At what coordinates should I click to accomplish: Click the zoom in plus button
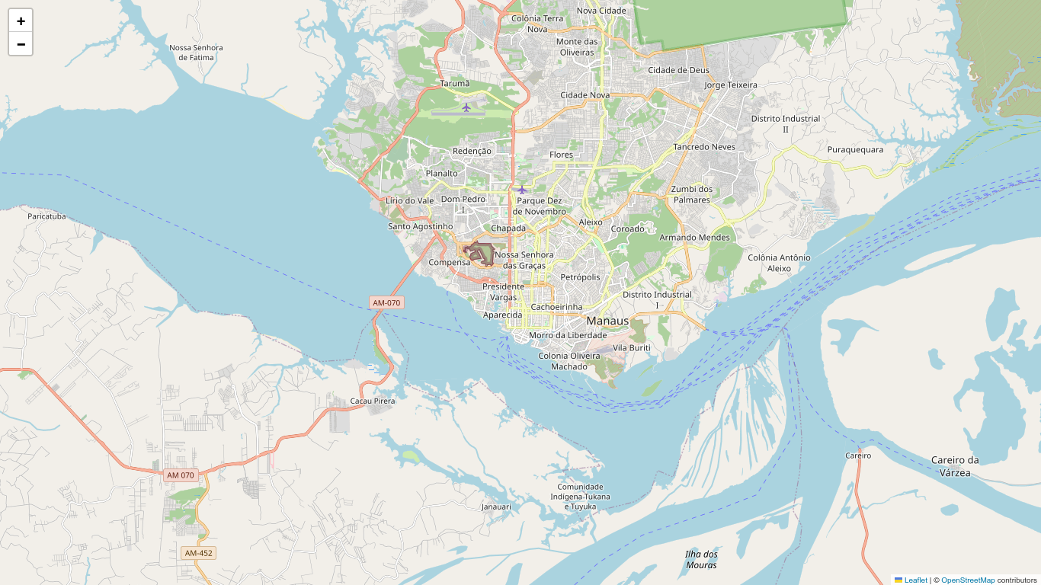[x=21, y=21]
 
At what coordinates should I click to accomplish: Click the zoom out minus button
[x=21, y=44]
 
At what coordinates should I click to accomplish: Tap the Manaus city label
[x=607, y=321]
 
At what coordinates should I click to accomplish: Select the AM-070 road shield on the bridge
[x=386, y=302]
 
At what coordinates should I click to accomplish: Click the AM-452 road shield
[x=199, y=553]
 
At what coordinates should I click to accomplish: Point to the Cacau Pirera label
[x=373, y=401]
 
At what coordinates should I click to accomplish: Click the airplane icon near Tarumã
[x=466, y=107]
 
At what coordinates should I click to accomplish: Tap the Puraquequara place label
[x=855, y=150]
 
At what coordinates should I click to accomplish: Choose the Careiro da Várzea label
[x=955, y=466]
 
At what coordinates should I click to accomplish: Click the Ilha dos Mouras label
[x=701, y=559]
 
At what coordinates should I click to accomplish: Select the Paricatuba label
[x=46, y=216]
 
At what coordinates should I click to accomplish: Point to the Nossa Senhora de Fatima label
[x=196, y=53]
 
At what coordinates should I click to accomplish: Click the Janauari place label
[x=496, y=507]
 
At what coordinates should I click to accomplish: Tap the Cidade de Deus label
[x=678, y=70]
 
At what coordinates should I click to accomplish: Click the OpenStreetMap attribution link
[x=968, y=580]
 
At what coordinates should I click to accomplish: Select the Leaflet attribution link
[x=915, y=580]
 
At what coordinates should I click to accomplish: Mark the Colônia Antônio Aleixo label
[x=779, y=263]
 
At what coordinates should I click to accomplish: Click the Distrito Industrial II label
[x=786, y=124]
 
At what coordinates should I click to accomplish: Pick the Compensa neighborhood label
[x=450, y=262]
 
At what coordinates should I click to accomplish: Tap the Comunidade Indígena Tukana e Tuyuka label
[x=580, y=497]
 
